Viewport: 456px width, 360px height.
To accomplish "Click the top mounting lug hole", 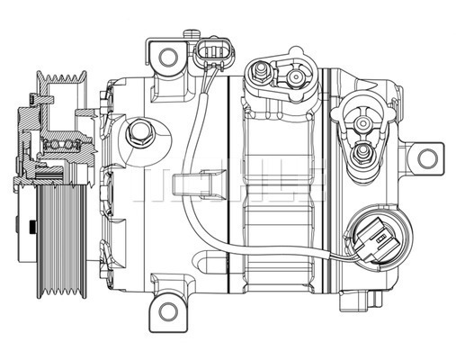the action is (x=168, y=58).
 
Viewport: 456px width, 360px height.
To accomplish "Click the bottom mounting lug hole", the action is (x=168, y=312).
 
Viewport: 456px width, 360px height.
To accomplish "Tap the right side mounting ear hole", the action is (x=427, y=158).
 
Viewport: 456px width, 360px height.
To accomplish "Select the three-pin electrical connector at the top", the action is (x=215, y=53).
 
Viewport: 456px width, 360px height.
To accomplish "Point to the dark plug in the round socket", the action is (x=376, y=240).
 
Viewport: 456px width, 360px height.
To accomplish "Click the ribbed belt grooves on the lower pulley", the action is (x=61, y=241).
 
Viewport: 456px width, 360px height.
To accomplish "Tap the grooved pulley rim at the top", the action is (x=61, y=76).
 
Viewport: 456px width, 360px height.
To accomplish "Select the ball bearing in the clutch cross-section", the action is (x=61, y=146).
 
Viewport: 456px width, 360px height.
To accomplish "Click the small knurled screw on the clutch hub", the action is (x=31, y=228).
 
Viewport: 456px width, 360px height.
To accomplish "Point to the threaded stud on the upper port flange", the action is (x=260, y=71).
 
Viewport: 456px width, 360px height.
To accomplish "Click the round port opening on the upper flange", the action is (x=294, y=77).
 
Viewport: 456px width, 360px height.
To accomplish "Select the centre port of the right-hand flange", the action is (x=363, y=123).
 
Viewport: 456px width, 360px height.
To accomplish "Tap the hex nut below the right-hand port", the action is (x=362, y=153).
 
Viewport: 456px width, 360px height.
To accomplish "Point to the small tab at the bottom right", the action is (x=362, y=301).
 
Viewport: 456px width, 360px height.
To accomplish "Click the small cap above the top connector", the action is (x=192, y=33).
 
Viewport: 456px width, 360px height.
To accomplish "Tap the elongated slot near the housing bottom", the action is (x=210, y=259).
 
